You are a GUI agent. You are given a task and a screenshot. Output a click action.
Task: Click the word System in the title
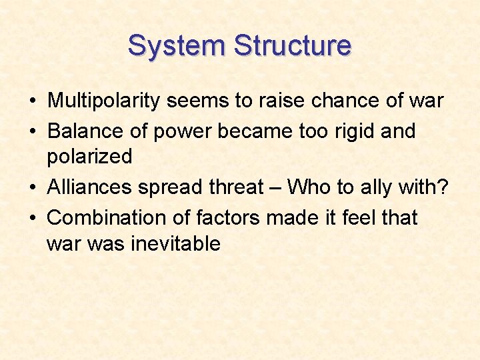pos(177,46)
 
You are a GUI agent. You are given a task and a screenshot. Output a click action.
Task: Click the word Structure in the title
pos(293,46)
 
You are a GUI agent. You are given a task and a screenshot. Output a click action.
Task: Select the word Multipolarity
pos(104,101)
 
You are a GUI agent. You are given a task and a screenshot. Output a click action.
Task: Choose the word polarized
pos(89,157)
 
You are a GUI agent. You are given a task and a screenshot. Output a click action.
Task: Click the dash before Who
pos(277,188)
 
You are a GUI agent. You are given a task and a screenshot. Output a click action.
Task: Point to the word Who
pos(309,187)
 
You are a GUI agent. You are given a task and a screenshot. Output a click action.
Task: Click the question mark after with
pos(442,187)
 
